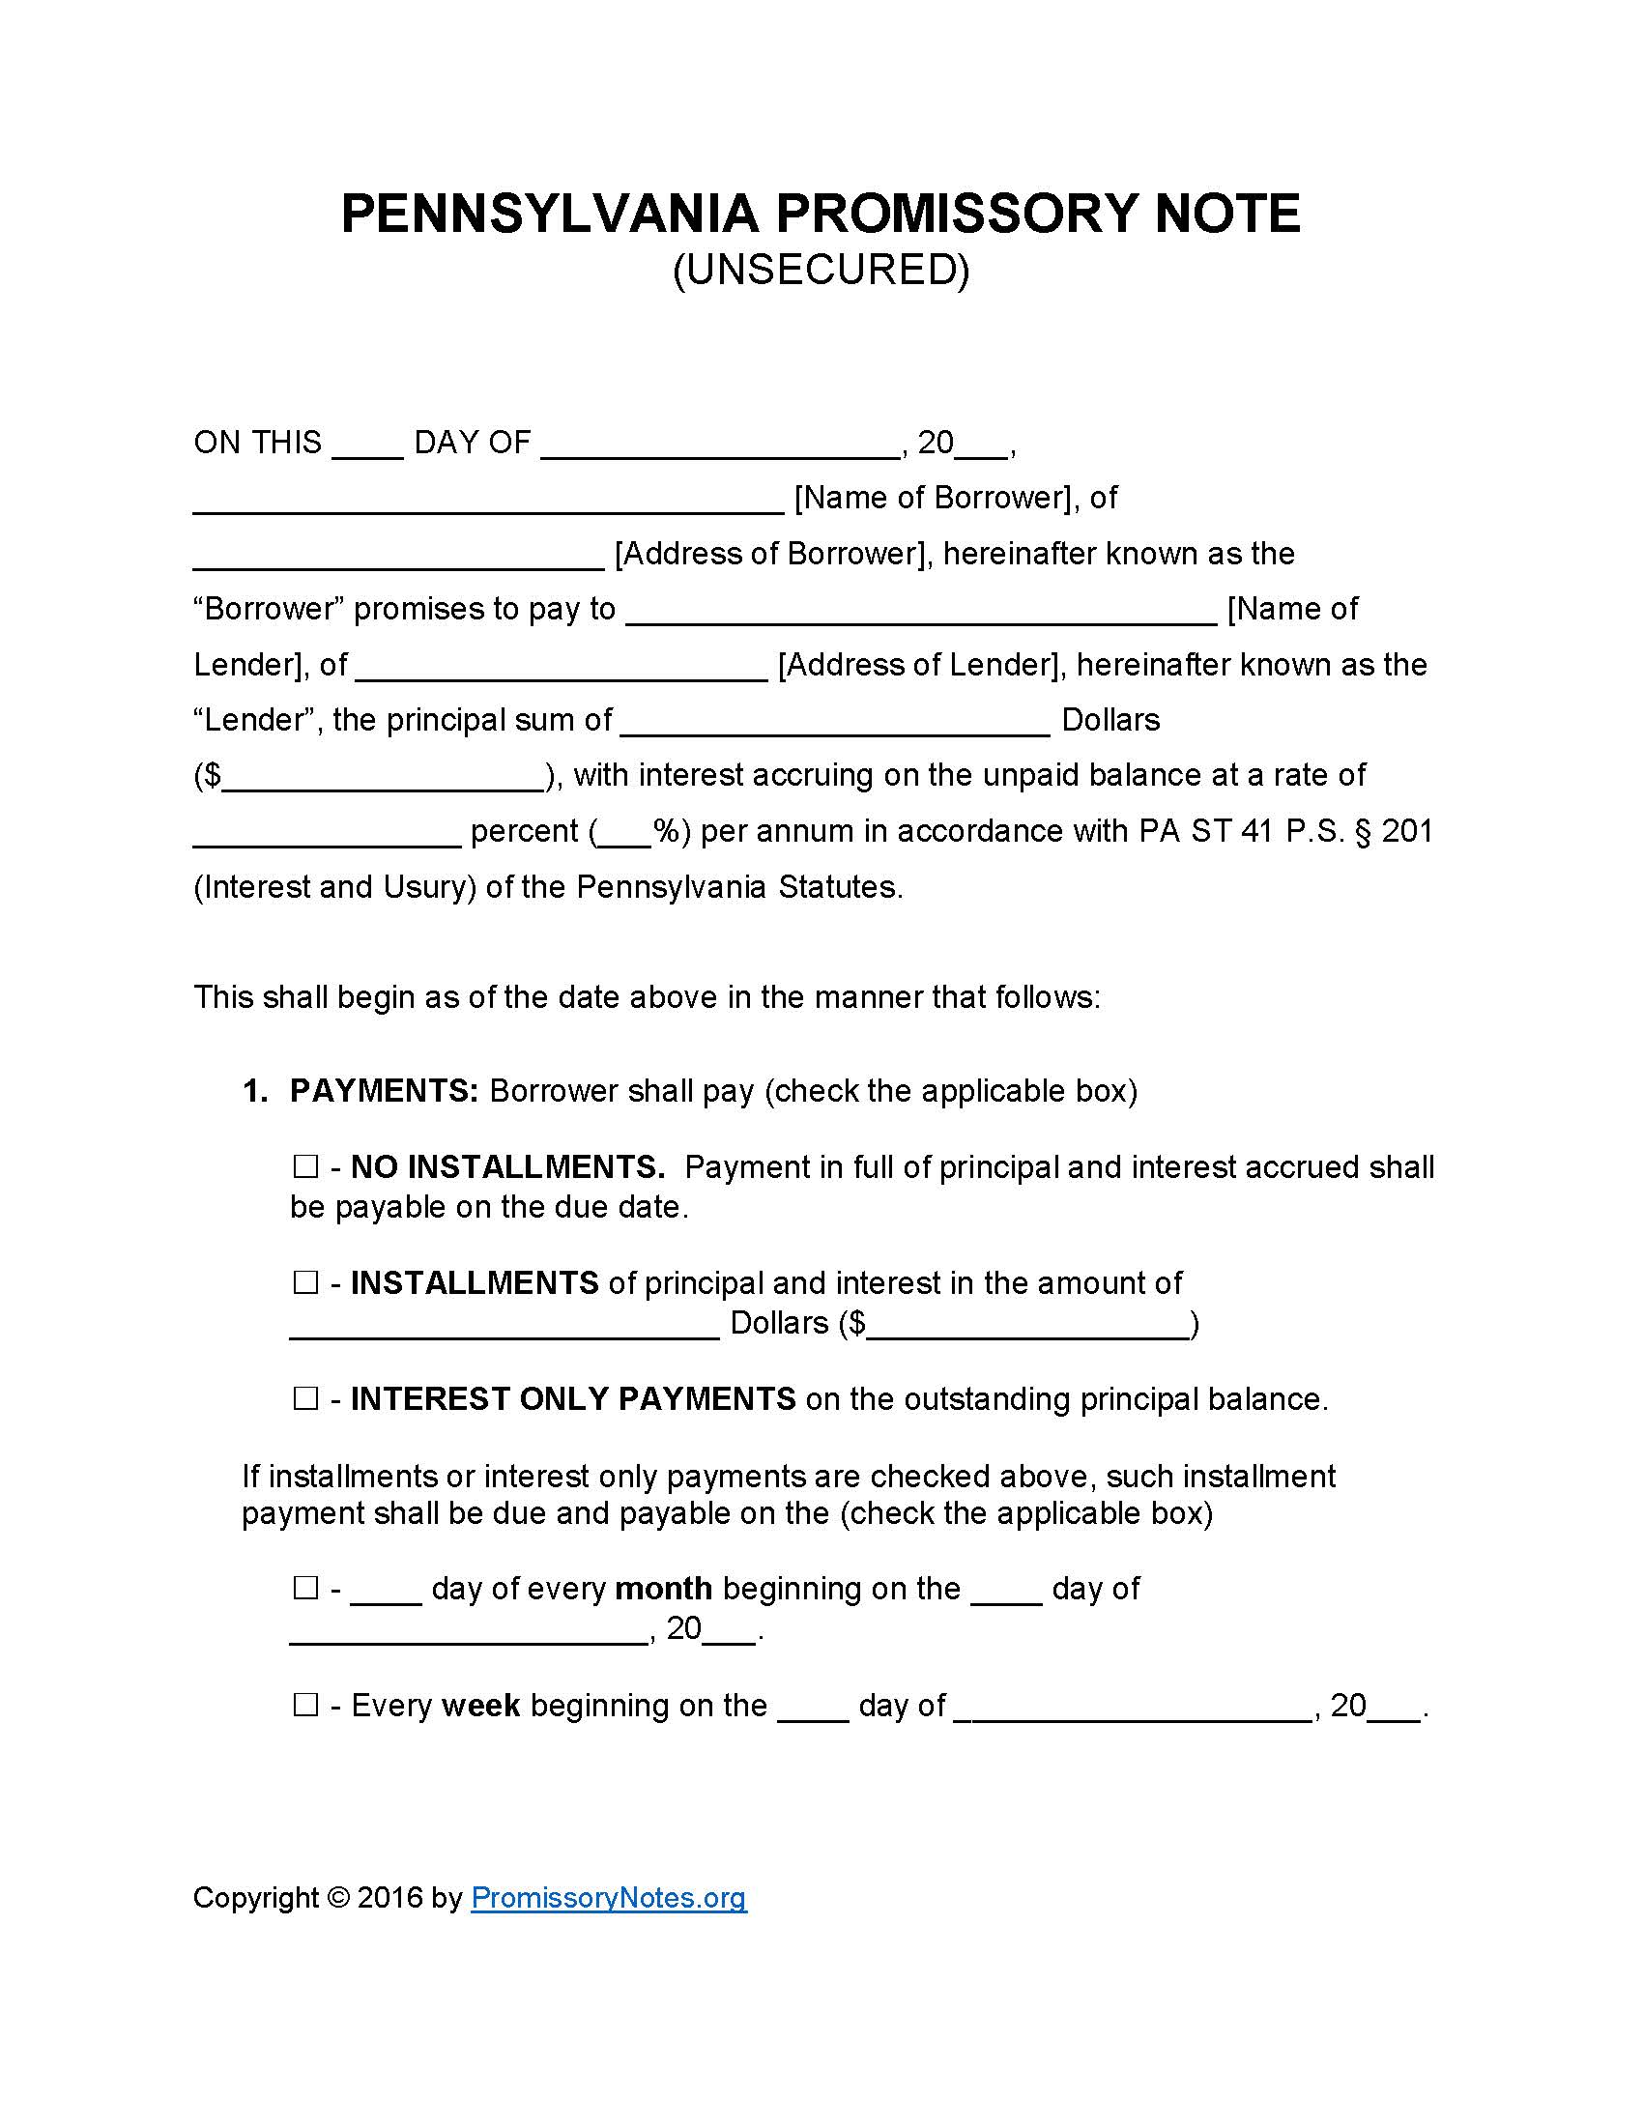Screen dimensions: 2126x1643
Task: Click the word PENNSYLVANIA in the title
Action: click(x=548, y=214)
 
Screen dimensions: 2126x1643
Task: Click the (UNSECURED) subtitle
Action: click(x=821, y=270)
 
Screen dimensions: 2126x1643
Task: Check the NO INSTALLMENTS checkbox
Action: click(x=305, y=1166)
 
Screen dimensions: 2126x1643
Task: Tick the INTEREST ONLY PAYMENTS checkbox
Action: click(x=305, y=1399)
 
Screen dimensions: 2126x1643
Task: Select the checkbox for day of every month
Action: click(x=305, y=1589)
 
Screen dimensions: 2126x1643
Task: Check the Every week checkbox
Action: click(x=305, y=1706)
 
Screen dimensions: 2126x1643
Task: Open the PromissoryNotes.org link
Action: click(x=608, y=1897)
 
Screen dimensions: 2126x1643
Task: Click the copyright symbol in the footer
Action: click(x=337, y=1897)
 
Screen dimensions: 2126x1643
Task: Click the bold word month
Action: click(x=664, y=1589)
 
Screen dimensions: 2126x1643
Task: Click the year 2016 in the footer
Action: click(x=389, y=1897)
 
